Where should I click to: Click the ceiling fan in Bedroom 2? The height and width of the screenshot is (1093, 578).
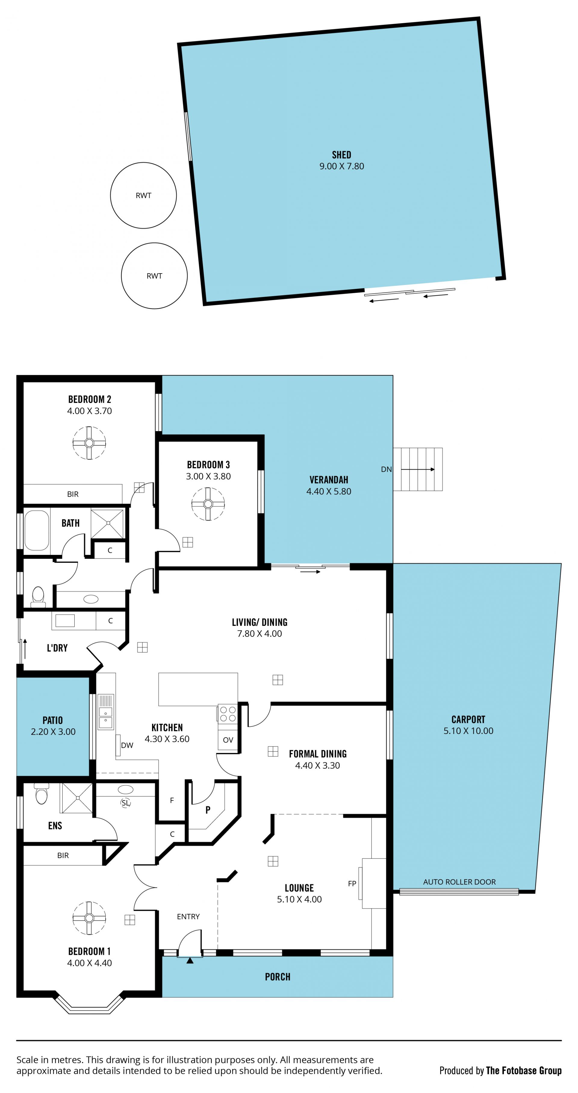(89, 443)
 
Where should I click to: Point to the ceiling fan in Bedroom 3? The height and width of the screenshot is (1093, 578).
(208, 504)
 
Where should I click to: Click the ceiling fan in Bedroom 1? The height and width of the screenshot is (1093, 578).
(89, 918)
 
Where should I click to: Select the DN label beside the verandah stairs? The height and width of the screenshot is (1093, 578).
(386, 469)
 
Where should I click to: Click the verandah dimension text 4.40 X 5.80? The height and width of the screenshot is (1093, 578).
(329, 491)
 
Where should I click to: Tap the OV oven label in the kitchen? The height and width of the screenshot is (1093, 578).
(228, 740)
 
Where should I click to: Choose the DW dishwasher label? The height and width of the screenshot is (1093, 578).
(127, 745)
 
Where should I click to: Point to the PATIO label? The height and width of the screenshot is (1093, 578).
(53, 720)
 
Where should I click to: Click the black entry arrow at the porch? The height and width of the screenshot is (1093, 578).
(190, 961)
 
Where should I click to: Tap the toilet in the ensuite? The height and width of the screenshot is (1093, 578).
(41, 794)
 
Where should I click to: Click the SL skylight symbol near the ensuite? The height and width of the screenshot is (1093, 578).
(125, 803)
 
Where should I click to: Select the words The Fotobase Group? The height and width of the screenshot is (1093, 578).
(524, 1070)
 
